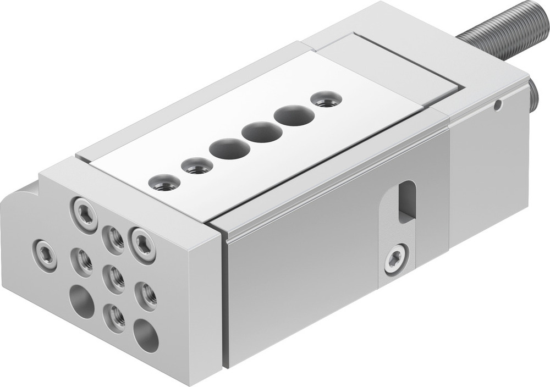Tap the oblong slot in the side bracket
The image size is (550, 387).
(407, 202)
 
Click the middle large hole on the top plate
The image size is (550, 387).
(262, 132)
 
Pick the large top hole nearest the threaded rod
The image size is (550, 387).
(295, 115)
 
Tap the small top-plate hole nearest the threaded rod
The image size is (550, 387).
(326, 99)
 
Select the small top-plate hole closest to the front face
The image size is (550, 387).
(164, 182)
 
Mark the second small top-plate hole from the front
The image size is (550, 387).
(197, 165)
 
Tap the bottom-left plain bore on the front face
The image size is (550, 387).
(81, 301)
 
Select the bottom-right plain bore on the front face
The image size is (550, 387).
(146, 335)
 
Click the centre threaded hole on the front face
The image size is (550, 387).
(114, 278)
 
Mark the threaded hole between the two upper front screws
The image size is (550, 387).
(114, 237)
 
